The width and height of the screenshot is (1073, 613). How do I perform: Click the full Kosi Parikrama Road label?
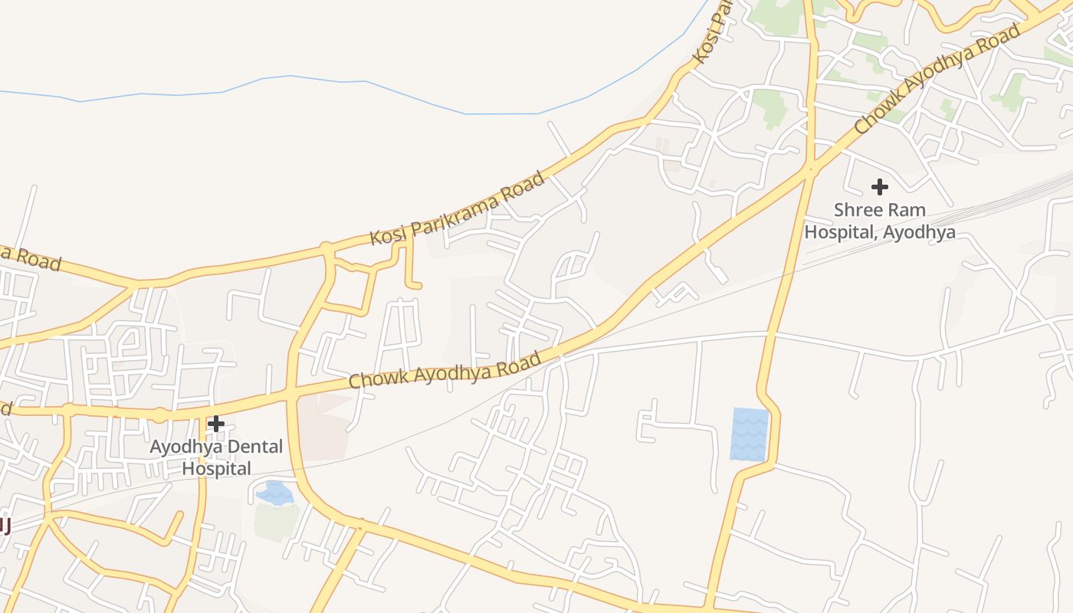pos(458,208)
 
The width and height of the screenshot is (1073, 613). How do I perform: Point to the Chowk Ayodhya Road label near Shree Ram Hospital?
pos(937,77)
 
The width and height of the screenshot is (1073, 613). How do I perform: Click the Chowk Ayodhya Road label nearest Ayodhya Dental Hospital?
pos(445,369)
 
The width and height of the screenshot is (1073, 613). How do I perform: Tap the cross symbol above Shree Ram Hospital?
pos(880,186)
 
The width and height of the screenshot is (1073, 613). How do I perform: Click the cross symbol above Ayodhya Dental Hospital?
pos(216,424)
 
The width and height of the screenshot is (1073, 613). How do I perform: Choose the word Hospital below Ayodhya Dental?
pos(216,468)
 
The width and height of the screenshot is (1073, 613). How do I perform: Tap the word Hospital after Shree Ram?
pos(839,231)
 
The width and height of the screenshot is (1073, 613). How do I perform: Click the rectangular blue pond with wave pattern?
pos(750,434)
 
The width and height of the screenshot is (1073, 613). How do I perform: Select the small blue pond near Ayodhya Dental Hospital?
pos(275,493)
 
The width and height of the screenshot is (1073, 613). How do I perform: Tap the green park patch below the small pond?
pos(277,521)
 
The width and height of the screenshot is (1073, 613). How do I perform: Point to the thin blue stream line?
pos(345,81)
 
